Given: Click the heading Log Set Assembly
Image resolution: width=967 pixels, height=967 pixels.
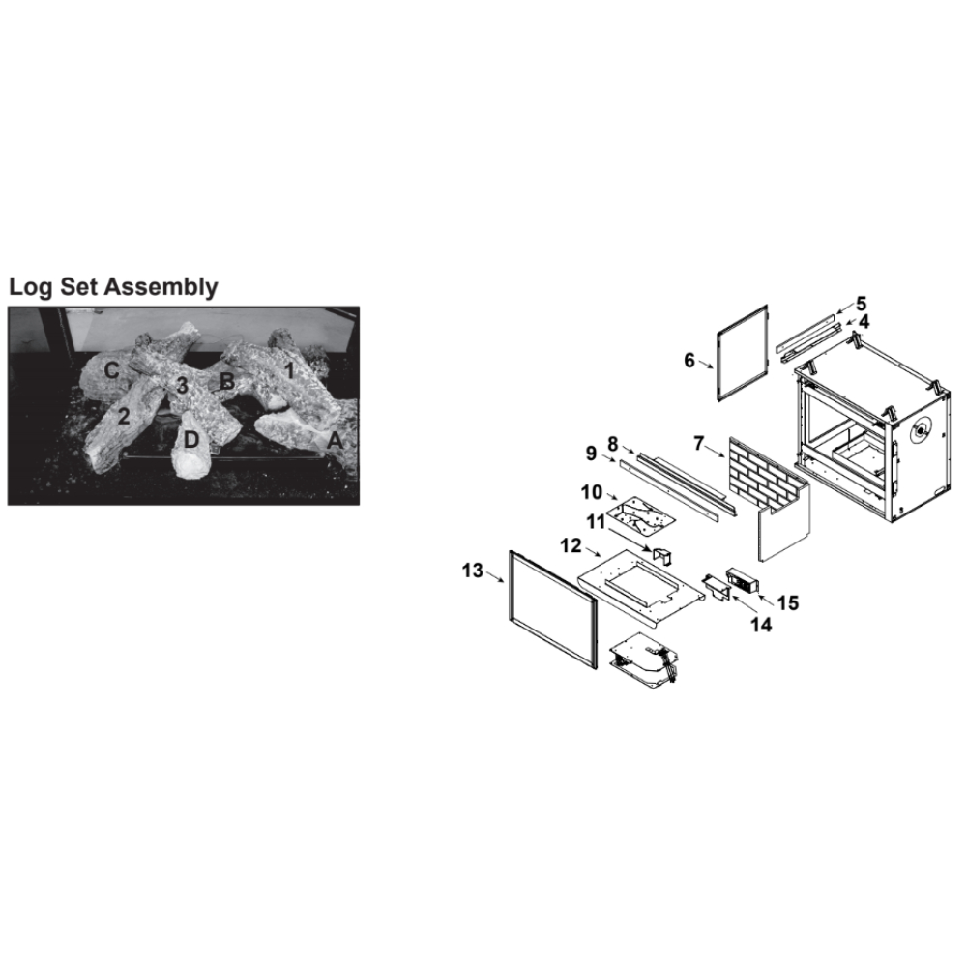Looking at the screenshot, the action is click(113, 287).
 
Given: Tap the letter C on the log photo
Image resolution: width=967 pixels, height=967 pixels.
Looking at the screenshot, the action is click(111, 370).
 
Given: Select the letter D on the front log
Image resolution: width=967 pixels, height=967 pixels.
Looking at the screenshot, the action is click(191, 440).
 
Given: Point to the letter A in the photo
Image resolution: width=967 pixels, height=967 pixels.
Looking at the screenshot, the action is click(335, 440).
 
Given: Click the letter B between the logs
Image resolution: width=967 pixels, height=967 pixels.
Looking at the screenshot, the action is click(227, 382).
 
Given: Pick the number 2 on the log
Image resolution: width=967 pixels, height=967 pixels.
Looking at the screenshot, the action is click(124, 417).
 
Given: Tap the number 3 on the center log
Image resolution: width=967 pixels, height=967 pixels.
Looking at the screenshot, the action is click(182, 386).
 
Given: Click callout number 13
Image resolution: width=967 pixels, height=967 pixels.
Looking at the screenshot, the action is click(473, 571).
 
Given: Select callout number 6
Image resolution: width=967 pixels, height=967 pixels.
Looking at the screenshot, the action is click(689, 360).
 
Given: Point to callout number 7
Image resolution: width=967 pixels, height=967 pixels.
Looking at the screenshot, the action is click(699, 443).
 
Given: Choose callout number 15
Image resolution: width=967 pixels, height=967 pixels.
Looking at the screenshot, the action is click(788, 602).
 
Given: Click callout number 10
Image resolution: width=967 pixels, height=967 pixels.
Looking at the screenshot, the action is click(592, 492).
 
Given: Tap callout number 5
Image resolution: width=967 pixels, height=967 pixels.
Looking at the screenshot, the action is click(862, 304).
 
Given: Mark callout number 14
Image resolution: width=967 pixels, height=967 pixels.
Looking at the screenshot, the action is click(761, 625).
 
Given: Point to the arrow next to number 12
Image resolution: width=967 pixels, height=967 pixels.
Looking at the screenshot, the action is click(593, 551).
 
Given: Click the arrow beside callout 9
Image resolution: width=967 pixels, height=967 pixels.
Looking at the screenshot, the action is click(606, 457).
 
